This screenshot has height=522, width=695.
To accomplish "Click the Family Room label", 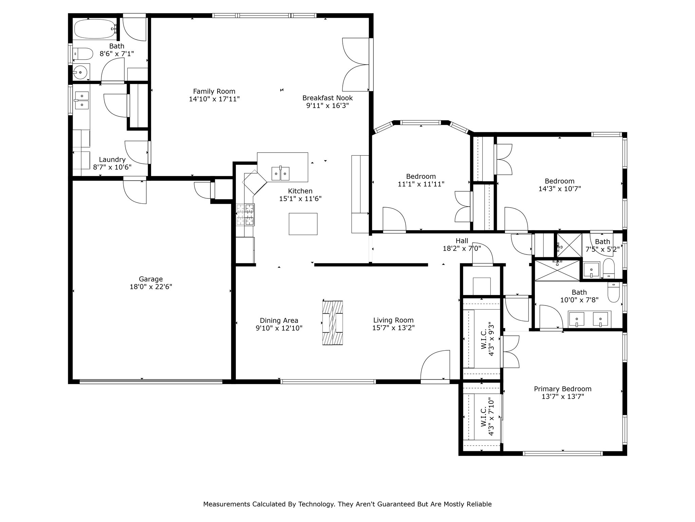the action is tap(214, 91).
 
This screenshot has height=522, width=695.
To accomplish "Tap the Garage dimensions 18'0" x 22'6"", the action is tap(151, 287).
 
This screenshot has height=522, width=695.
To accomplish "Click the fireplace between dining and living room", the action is tap(332, 323).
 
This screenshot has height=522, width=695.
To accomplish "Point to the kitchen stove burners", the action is tap(245, 214).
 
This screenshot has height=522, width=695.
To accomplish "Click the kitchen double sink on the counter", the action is tap(280, 174).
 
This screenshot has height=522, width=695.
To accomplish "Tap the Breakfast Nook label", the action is tap(327, 98).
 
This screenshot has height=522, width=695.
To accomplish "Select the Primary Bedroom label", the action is tap(563, 389).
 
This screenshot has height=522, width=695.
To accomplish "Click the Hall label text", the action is tap(462, 241).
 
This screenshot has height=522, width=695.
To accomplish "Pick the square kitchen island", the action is tap(303, 224).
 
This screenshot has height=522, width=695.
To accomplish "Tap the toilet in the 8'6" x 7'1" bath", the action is tap(83, 54).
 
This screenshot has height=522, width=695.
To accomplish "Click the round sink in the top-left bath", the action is tap(80, 72).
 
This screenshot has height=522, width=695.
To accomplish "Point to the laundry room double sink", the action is tap(81, 100).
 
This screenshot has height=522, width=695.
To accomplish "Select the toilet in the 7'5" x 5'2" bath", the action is tap(609, 269).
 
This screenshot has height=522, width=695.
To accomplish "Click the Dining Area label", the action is tap(279, 320).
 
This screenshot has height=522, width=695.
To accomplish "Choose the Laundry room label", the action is tap(112, 160).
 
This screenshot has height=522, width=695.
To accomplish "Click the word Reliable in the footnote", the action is tap(479, 504).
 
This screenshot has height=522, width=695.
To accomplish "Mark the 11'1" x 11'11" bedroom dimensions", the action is tap(421, 184).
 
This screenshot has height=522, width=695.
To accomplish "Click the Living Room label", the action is tap(393, 320).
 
